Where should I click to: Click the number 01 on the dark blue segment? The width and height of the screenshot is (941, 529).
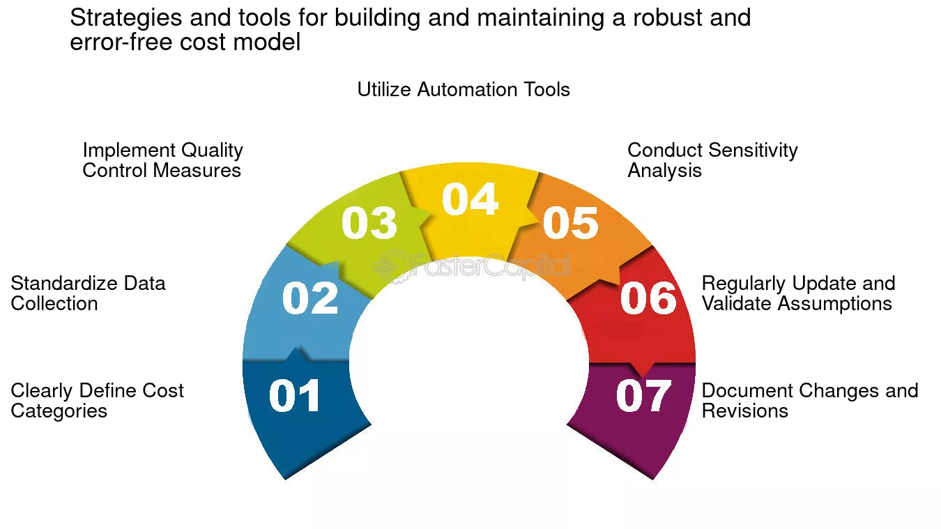[x=295, y=396]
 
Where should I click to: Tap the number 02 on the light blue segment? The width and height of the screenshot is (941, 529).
[x=310, y=298]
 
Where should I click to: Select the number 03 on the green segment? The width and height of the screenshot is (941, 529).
[x=369, y=223]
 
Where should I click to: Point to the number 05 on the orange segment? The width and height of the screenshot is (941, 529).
[x=570, y=223]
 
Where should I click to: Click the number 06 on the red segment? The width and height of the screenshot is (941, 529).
[x=648, y=298]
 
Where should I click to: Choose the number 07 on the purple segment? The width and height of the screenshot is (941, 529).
[x=643, y=396]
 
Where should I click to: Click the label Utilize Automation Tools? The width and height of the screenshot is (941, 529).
[x=464, y=90]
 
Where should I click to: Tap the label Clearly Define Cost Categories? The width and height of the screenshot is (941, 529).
[x=97, y=401]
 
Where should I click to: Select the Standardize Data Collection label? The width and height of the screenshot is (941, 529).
[x=88, y=293]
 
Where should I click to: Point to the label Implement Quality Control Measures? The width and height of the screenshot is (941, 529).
[x=162, y=160]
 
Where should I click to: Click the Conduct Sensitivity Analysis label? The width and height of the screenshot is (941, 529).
[x=712, y=160]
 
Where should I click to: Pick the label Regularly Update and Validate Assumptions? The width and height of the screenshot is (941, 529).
[x=798, y=293]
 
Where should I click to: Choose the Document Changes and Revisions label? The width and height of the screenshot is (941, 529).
[x=810, y=401]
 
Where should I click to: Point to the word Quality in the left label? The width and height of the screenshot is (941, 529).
[x=212, y=151]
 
